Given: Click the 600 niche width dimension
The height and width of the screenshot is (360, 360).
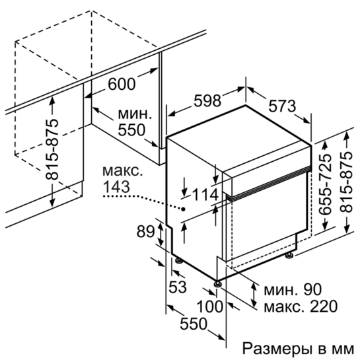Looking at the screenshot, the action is [x=122, y=84].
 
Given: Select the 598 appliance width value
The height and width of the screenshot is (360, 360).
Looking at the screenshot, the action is [x=207, y=100].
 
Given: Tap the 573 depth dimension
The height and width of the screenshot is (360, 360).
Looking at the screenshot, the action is [x=282, y=106].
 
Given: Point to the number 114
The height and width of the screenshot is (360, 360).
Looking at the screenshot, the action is [x=205, y=195].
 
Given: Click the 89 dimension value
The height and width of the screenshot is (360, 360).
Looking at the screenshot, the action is [x=146, y=232].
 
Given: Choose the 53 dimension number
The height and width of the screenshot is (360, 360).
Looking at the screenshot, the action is [x=178, y=287].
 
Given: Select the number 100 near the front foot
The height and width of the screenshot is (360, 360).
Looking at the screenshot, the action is [x=210, y=306].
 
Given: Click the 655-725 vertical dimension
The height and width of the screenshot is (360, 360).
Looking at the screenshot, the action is [x=326, y=184].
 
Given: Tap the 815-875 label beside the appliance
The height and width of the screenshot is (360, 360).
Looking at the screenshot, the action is [x=346, y=182].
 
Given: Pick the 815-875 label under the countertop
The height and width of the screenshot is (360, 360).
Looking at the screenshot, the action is [x=52, y=149].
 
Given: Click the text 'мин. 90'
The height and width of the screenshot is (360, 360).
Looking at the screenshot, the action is [x=293, y=290].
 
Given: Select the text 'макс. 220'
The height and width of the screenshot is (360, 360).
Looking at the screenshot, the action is [x=301, y=306].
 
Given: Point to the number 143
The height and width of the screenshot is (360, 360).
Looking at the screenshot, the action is [x=117, y=186].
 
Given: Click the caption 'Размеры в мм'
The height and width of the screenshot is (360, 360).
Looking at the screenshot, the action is [x=299, y=349].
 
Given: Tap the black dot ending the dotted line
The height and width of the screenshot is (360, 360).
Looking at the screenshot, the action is [x=184, y=209].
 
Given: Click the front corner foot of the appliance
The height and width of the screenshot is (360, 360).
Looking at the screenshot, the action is [x=217, y=285].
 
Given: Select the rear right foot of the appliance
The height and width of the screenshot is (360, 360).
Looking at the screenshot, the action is [x=289, y=255].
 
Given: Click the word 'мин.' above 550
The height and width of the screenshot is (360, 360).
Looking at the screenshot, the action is [x=135, y=114].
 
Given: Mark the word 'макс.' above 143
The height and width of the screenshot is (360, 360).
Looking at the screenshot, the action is [x=122, y=171].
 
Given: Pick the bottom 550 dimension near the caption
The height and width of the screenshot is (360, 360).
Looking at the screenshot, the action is [x=194, y=324].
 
